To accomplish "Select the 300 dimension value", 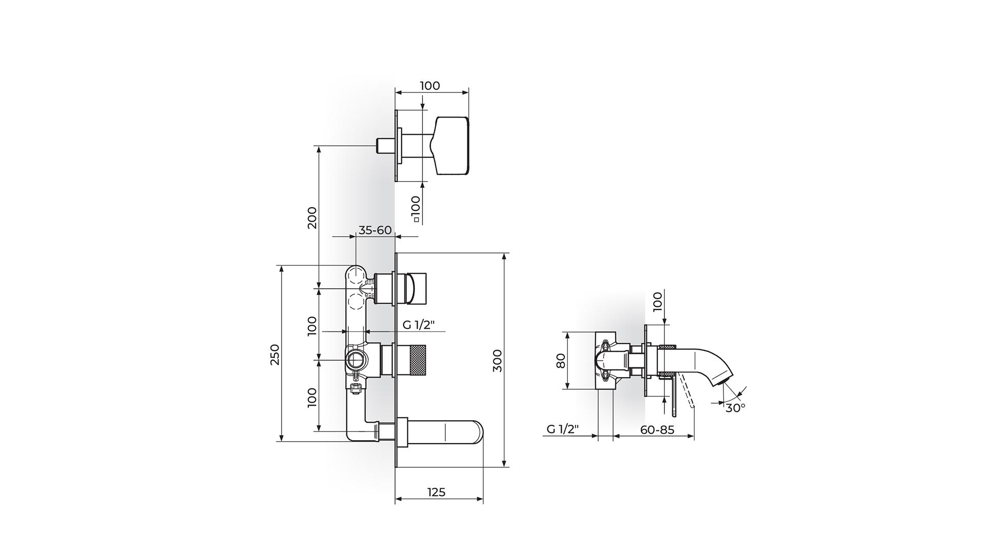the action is point(497,361).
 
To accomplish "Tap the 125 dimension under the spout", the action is point(436,492).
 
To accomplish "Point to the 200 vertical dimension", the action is point(312,217).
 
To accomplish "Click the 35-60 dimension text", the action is point(375,230).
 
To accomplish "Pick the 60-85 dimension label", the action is point(657,429).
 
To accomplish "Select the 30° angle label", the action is point(735,408).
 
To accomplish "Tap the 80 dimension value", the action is point(561,361).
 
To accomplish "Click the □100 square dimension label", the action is point(416,209).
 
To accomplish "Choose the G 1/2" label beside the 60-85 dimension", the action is point(563,429).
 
